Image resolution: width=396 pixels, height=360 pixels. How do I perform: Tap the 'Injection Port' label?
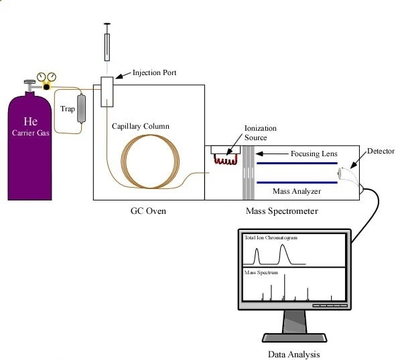155,72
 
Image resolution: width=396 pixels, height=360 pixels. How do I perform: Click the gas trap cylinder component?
82,109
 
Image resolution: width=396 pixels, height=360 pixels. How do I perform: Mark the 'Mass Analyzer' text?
297,192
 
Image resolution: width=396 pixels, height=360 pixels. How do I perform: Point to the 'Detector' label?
381,151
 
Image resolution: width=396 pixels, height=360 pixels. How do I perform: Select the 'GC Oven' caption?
147,211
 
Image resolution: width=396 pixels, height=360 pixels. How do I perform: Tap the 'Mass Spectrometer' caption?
281,211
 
